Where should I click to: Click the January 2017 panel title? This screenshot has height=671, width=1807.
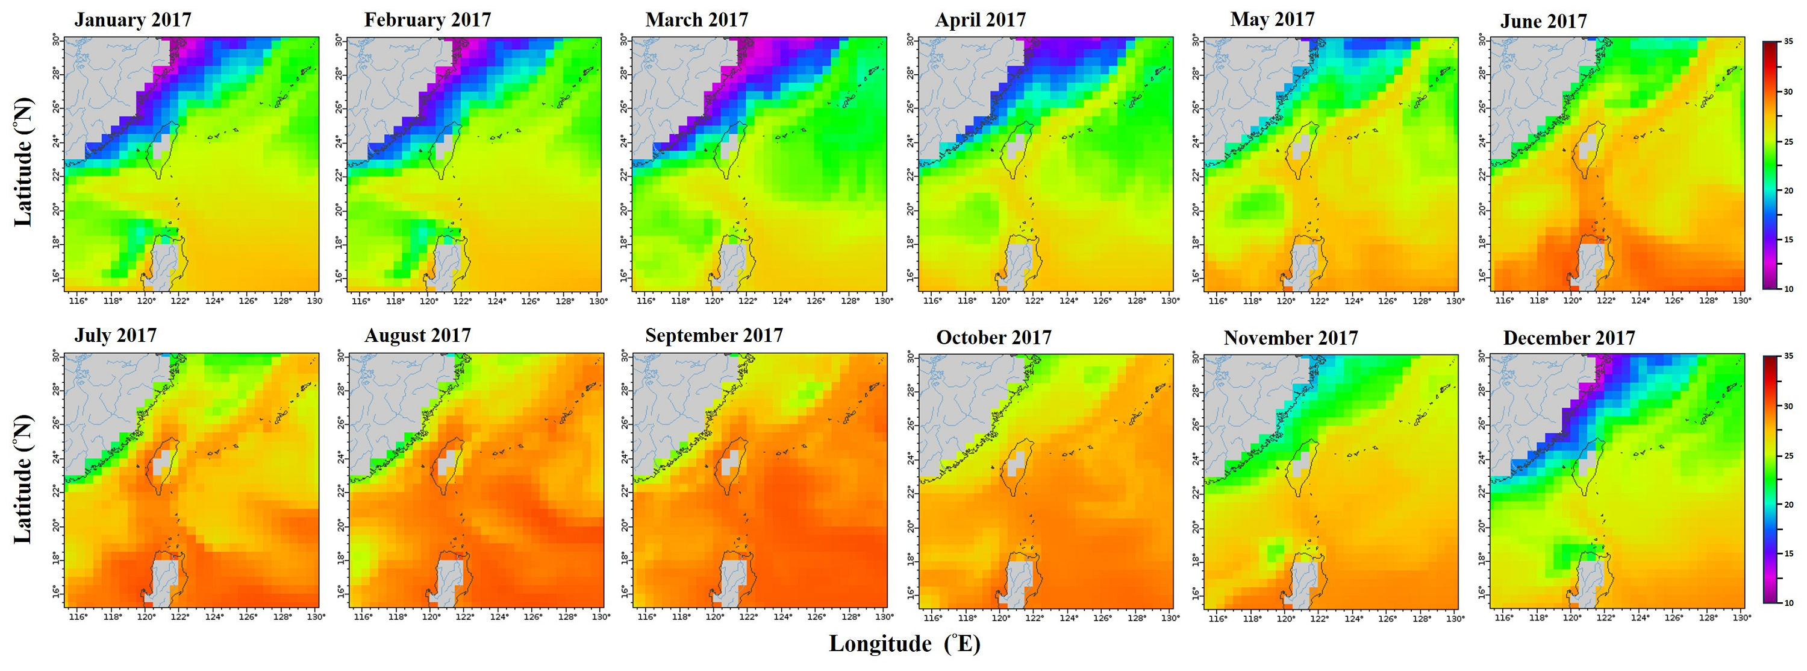[133, 20]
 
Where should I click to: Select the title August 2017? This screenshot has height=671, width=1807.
[417, 335]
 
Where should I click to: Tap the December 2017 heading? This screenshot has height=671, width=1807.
[1569, 338]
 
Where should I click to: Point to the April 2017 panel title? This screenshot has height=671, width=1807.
[980, 20]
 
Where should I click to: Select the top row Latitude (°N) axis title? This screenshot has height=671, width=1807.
[23, 162]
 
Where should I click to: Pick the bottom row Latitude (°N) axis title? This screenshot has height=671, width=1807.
[23, 479]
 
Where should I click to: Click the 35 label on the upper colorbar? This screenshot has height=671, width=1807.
[1788, 42]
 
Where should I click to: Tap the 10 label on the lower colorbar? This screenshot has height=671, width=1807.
[1789, 603]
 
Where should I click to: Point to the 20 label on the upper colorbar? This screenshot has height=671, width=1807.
[1788, 191]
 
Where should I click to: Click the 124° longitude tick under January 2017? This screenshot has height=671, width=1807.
[214, 301]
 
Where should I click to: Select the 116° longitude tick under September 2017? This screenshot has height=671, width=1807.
[646, 617]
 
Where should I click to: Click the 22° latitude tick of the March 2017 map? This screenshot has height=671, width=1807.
[623, 175]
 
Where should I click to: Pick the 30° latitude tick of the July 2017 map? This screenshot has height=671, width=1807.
[55, 356]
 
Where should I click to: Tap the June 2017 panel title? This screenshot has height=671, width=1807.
[1543, 22]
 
